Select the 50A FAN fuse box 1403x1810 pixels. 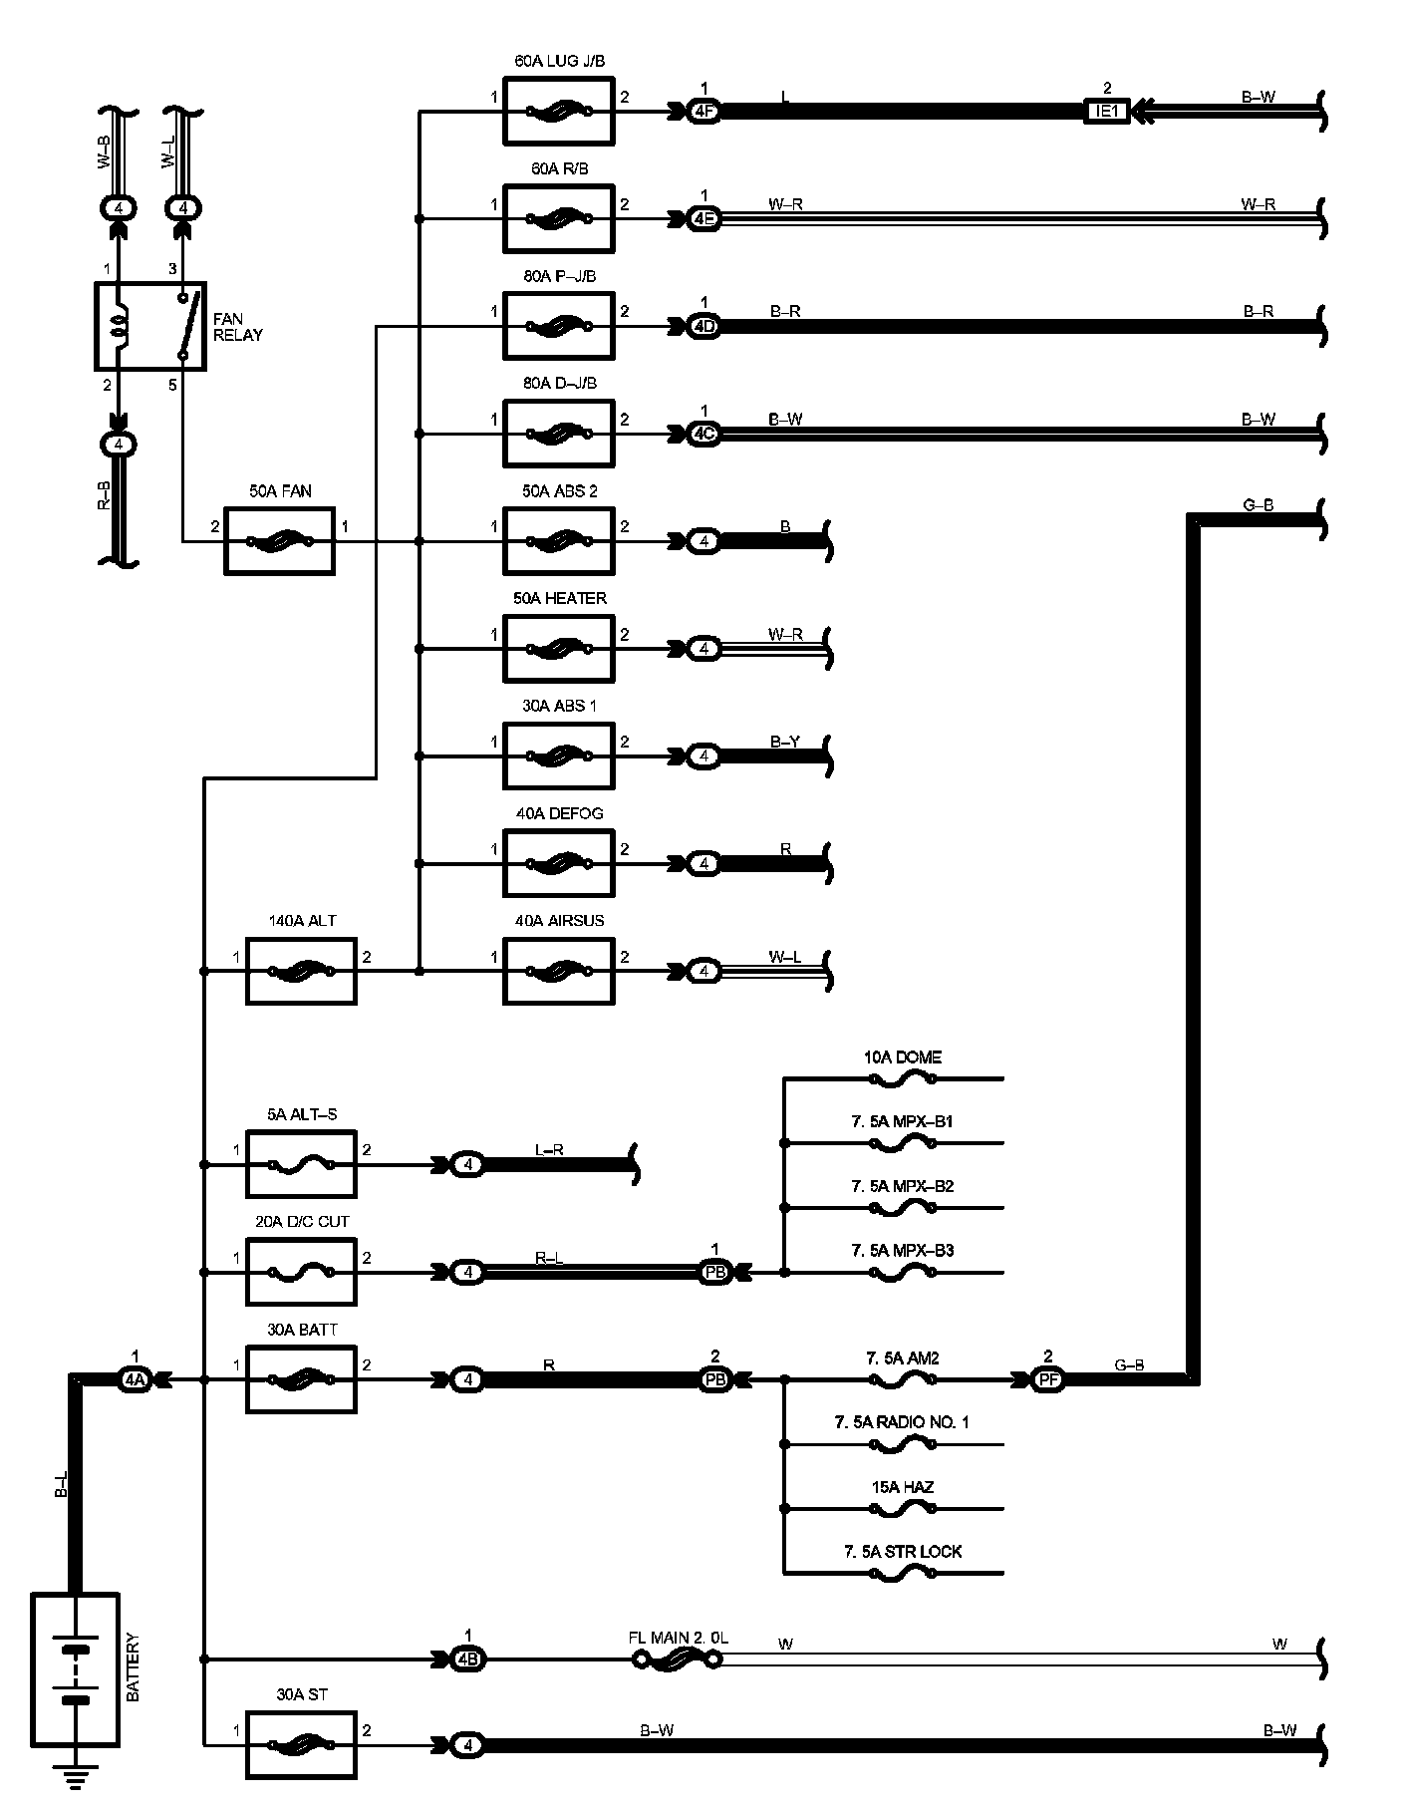pyautogui.click(x=280, y=541)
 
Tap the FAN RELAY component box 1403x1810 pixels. pyautogui.click(x=150, y=326)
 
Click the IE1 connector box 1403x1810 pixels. pyautogui.click(x=1107, y=111)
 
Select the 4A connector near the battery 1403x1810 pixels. pyautogui.click(x=135, y=1379)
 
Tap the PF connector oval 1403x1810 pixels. pyautogui.click(x=1046, y=1379)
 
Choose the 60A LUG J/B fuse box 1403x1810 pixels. pyautogui.click(x=559, y=112)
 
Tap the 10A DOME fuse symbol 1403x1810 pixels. pyautogui.click(x=902, y=1078)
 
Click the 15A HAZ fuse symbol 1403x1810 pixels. pyautogui.click(x=902, y=1509)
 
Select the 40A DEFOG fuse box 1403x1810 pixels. pyautogui.click(x=559, y=863)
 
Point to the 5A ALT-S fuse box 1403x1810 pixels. pyautogui.click(x=301, y=1164)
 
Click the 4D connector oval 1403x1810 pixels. pyautogui.click(x=703, y=326)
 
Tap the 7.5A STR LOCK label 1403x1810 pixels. pyautogui.click(x=903, y=1552)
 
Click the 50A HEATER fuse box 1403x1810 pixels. pyautogui.click(x=559, y=649)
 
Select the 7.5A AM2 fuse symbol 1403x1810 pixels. pyautogui.click(x=902, y=1379)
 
